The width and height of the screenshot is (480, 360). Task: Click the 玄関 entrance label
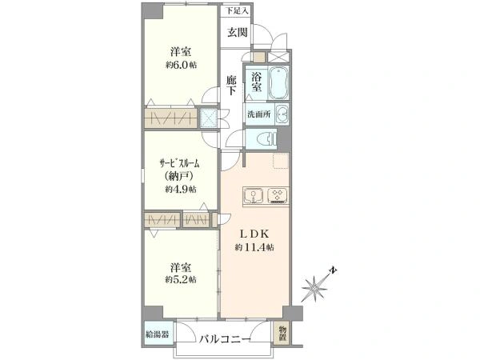(x=236, y=33)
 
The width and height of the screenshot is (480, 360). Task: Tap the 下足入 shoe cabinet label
(x=237, y=11)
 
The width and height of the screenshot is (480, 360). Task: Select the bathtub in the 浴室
(x=276, y=82)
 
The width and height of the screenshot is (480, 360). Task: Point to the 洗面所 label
(x=258, y=113)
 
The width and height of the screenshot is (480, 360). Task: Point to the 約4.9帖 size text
(x=181, y=190)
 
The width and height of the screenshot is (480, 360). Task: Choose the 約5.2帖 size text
(x=181, y=279)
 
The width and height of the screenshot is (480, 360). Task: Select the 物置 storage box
(x=283, y=332)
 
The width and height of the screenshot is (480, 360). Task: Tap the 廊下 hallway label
(x=231, y=86)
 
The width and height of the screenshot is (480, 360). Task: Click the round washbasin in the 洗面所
(x=281, y=112)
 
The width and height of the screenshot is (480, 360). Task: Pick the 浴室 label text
(x=257, y=83)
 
